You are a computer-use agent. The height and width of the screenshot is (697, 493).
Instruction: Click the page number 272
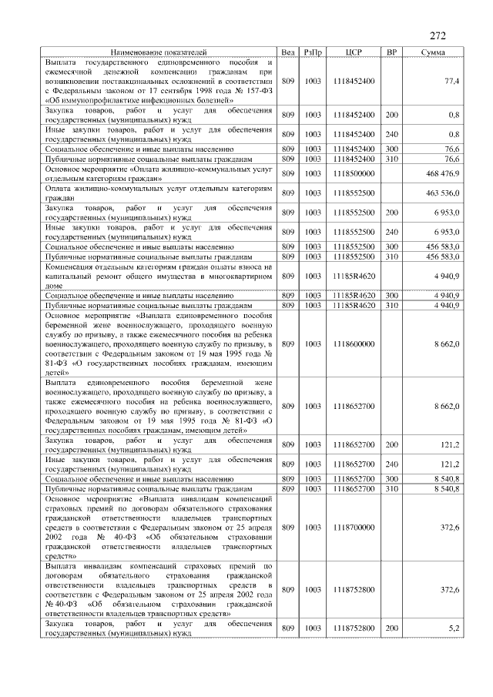(438, 35)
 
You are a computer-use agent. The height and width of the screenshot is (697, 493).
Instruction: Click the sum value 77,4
(451, 81)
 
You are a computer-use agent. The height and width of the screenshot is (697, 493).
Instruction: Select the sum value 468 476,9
(442, 173)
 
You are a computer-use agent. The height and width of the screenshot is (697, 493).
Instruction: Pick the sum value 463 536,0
(442, 193)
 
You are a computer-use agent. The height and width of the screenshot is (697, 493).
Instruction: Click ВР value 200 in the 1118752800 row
(392, 628)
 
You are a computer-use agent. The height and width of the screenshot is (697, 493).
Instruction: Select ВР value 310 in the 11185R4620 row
(392, 305)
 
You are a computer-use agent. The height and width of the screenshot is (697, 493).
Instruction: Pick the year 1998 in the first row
(178, 90)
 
